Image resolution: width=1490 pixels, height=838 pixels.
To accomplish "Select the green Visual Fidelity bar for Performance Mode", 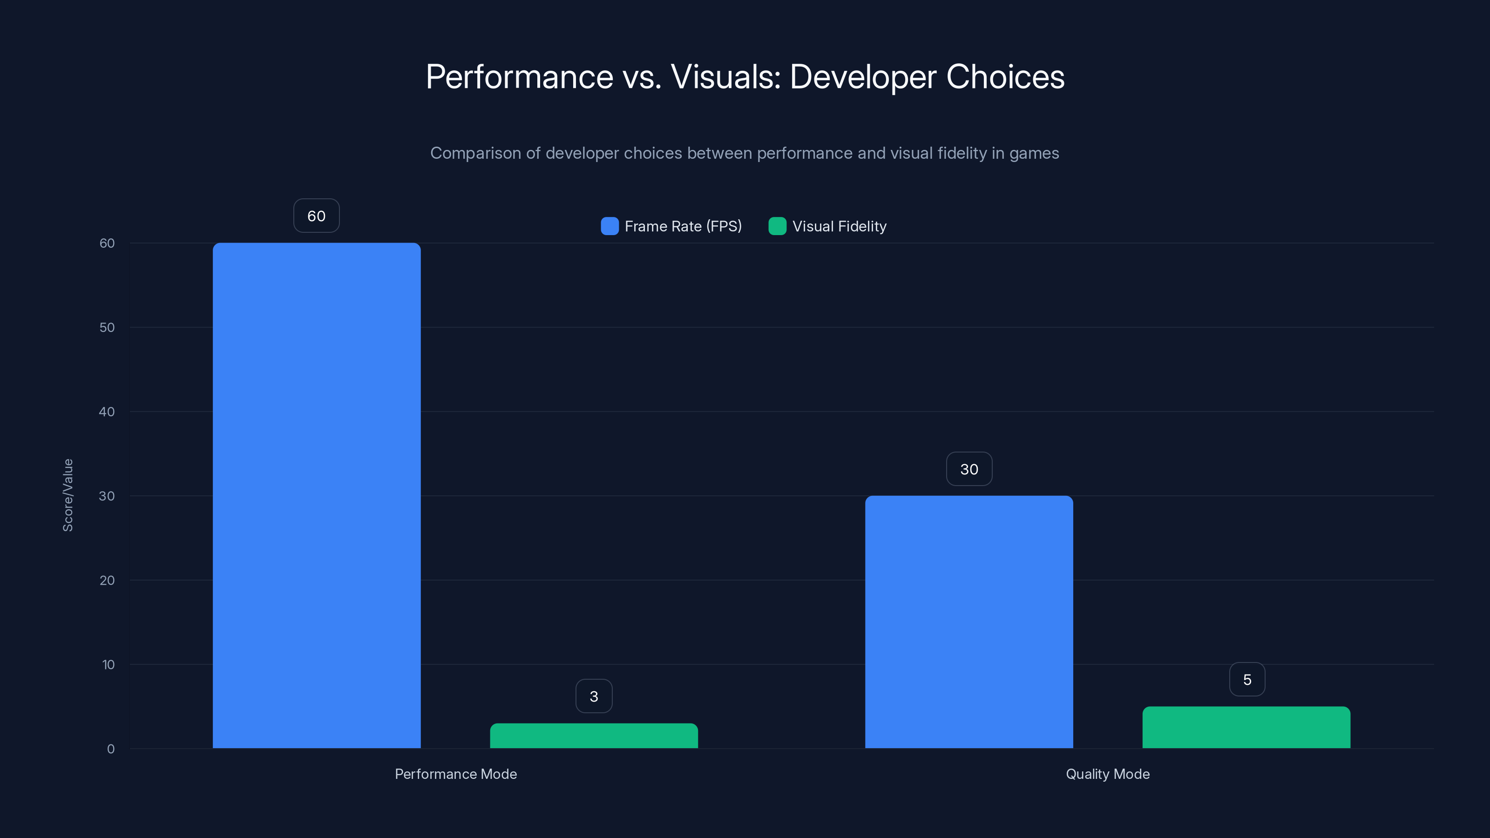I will (594, 736).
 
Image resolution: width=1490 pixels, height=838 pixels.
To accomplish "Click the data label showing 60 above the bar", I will (317, 216).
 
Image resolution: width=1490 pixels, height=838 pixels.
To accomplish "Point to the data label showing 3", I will (594, 696).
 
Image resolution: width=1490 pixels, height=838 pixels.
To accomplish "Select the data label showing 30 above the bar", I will (969, 469).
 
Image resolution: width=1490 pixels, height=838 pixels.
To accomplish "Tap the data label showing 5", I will (1246, 680).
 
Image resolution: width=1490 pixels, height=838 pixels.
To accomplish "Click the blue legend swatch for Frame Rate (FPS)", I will (609, 226).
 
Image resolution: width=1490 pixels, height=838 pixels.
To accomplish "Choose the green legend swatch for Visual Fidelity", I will (777, 226).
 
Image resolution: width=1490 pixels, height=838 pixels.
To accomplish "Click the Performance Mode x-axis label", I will (456, 774).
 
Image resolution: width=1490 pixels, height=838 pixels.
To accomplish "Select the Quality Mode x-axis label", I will (1107, 774).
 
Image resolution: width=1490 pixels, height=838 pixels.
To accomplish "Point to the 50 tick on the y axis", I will (107, 327).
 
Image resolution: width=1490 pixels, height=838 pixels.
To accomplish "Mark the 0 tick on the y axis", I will (110, 749).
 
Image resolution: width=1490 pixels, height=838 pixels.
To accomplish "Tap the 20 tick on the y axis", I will (107, 580).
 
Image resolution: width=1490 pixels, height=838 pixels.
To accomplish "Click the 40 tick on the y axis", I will (107, 412).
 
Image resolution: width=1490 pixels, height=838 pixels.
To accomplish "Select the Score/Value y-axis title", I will (68, 495).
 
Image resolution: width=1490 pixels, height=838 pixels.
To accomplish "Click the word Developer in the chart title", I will (862, 77).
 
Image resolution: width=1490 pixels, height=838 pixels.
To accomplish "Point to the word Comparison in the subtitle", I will (475, 153).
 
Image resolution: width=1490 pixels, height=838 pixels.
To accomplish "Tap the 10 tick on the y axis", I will (108, 664).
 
